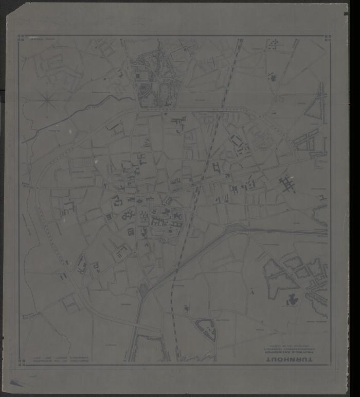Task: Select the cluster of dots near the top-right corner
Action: click(x=272, y=45)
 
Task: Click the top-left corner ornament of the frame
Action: click(x=21, y=38)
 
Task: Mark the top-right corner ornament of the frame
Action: click(x=326, y=38)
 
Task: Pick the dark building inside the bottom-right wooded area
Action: click(x=294, y=299)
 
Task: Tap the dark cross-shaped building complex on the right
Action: click(x=286, y=183)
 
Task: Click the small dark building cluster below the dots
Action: click(x=272, y=77)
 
